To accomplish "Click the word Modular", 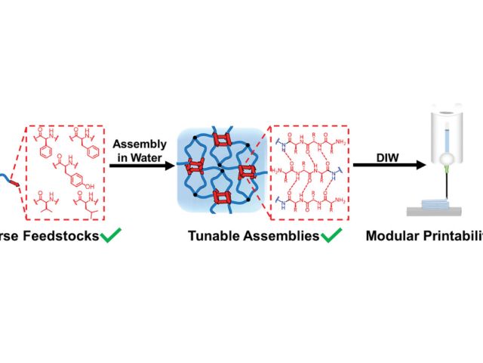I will pos(391,236).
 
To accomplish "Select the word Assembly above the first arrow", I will pos(139,144).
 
